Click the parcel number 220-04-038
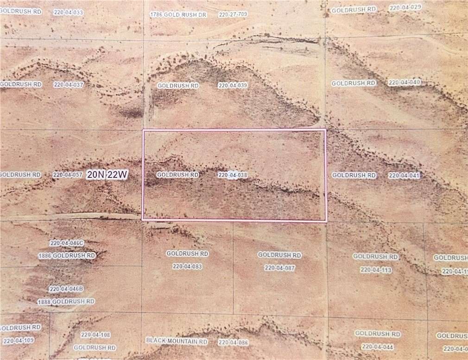click(x=233, y=175)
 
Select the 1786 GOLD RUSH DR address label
click(x=178, y=15)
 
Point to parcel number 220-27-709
click(x=233, y=15)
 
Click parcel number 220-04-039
click(x=233, y=86)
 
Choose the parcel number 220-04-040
click(x=404, y=83)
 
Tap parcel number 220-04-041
click(x=404, y=176)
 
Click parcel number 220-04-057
click(x=67, y=175)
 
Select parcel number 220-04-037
click(x=68, y=85)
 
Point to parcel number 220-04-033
click(x=68, y=13)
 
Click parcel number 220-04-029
click(x=405, y=8)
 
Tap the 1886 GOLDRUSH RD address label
click(x=67, y=256)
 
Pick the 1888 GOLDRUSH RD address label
click(x=66, y=302)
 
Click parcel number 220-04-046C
click(x=67, y=243)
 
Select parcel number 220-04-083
click(x=187, y=266)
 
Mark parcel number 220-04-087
click(x=279, y=268)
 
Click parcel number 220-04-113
click(x=376, y=270)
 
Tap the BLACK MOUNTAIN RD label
click(x=177, y=341)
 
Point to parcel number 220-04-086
click(x=234, y=343)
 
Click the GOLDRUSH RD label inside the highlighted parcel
click(x=177, y=175)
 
